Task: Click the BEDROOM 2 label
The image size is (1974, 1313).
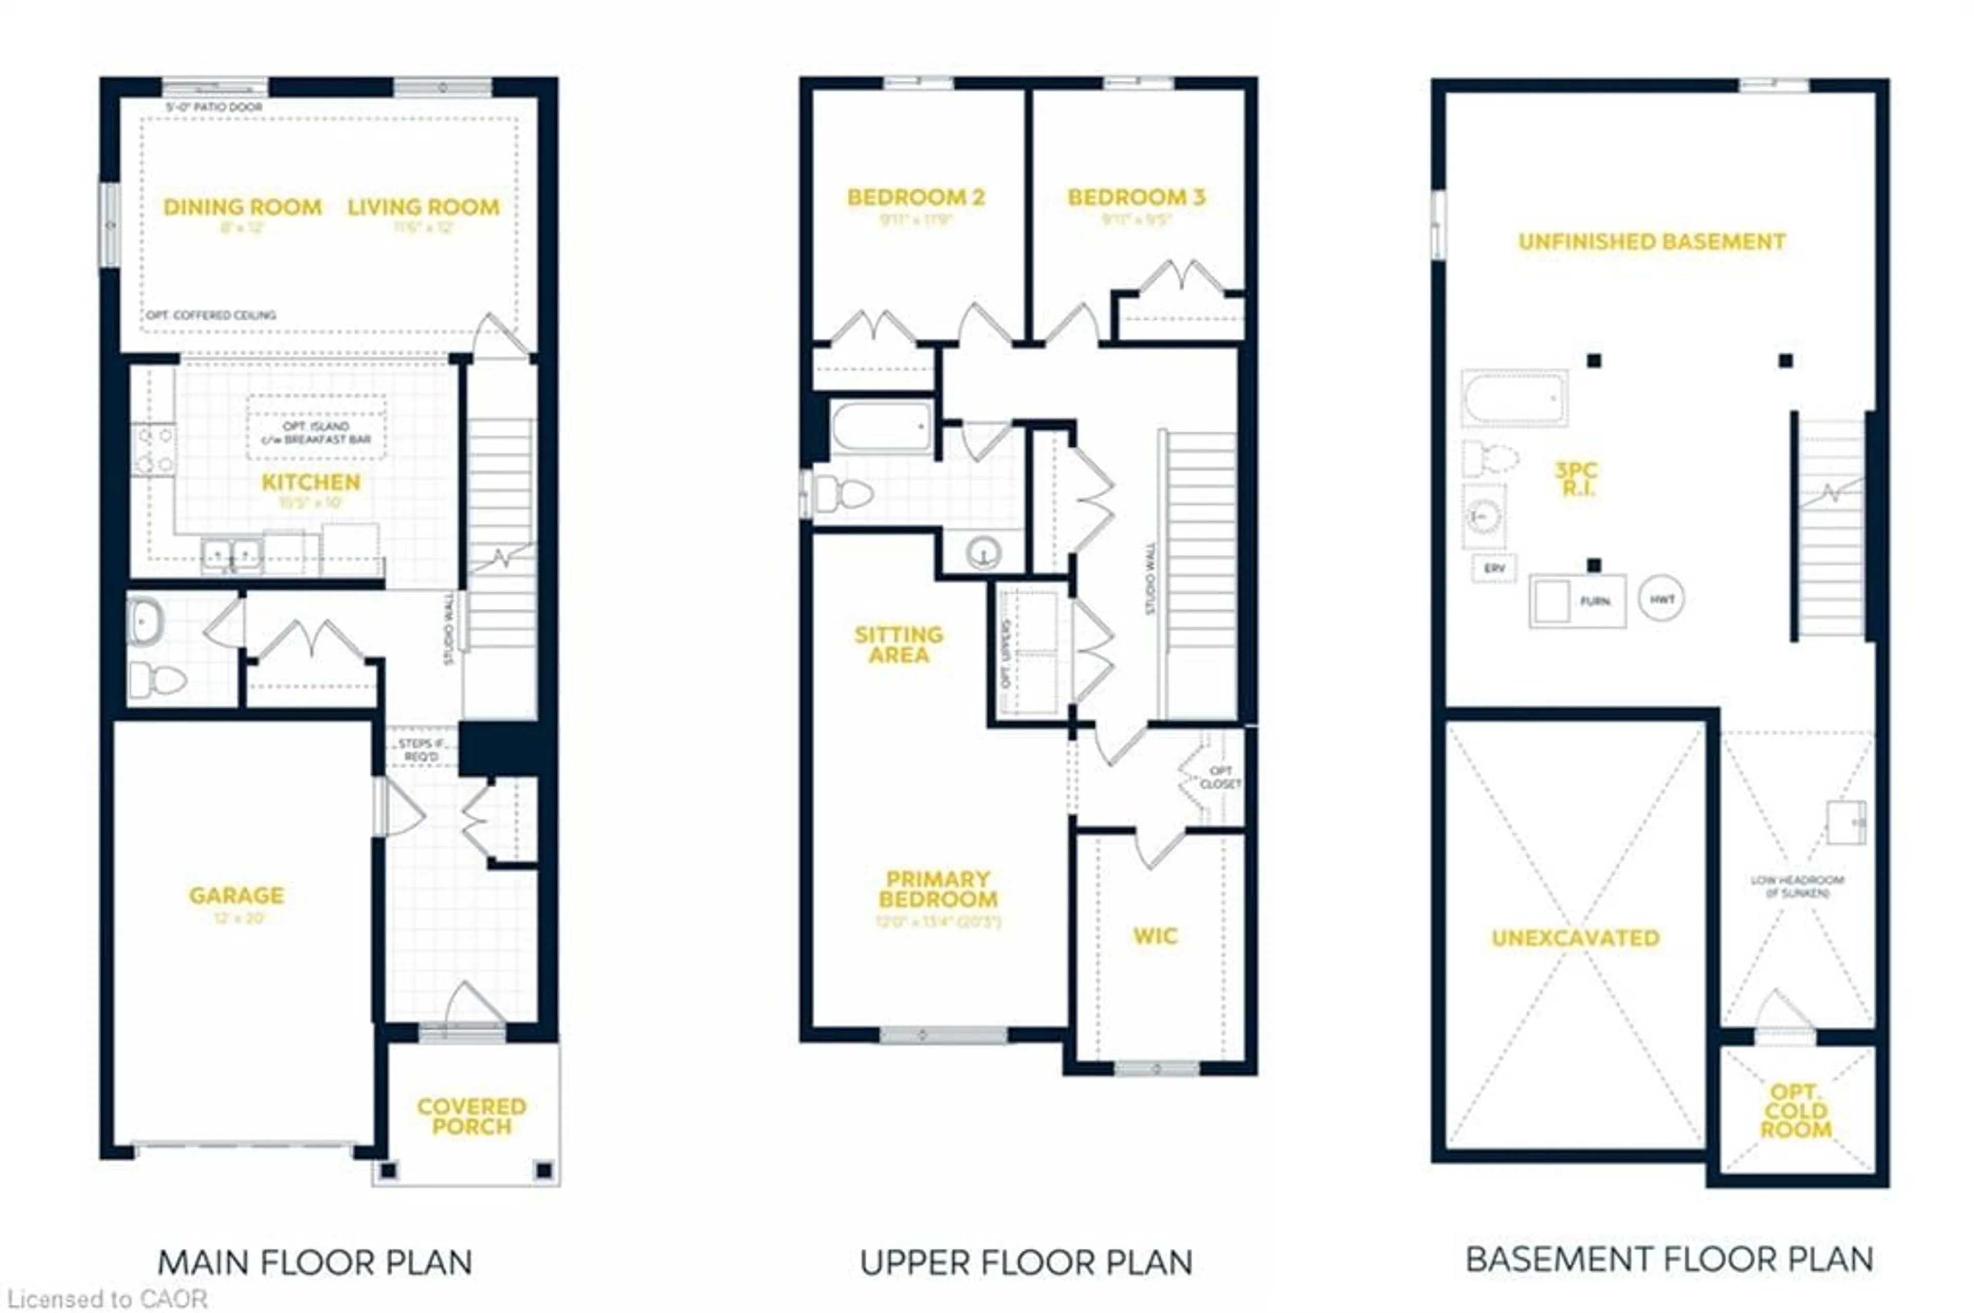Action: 916,197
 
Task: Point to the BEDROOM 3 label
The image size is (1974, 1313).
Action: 1136,197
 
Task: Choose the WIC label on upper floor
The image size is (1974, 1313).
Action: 1155,936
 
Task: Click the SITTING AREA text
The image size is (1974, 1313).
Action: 898,645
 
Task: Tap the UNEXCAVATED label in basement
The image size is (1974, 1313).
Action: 1575,938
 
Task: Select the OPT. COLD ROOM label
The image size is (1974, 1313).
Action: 1795,1111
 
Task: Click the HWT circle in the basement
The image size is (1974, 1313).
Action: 1661,599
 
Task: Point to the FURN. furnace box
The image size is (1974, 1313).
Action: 1577,600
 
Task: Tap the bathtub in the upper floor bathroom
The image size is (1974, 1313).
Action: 882,428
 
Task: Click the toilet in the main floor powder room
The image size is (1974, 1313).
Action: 157,680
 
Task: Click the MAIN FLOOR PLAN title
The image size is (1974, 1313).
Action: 315,1263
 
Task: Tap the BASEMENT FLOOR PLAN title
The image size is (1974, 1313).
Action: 1669,1260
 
